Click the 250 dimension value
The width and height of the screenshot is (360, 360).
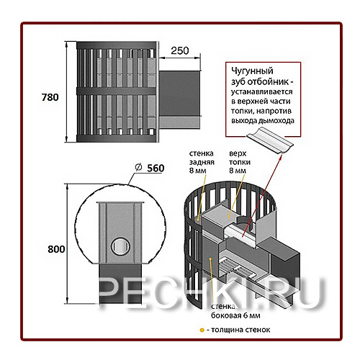180,50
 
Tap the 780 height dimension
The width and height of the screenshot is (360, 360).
50,97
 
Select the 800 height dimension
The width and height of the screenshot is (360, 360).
56,249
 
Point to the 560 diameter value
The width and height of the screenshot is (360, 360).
156,168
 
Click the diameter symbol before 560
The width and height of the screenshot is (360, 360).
138,167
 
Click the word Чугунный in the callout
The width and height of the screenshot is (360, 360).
252,71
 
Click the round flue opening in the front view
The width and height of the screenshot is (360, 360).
120,247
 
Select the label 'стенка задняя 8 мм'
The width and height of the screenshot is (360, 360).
202,162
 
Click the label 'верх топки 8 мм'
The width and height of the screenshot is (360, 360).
240,162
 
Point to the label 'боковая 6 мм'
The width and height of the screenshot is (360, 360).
235,315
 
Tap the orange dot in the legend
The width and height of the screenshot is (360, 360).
202,330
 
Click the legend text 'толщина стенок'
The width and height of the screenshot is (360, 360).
240,330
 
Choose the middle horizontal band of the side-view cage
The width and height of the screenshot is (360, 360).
116,91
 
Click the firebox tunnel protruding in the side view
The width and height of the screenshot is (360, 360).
179,99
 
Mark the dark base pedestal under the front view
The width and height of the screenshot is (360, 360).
120,284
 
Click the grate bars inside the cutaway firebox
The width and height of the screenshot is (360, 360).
236,268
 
